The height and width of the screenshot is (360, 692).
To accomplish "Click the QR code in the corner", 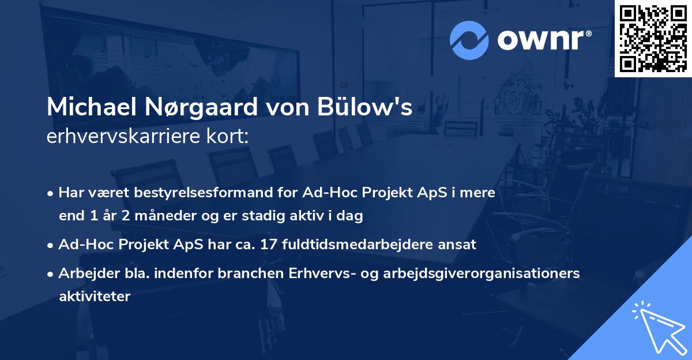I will [x=652, y=38].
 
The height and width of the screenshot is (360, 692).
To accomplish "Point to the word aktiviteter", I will [x=95, y=297].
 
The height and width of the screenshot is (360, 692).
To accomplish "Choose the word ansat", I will [x=458, y=244].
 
